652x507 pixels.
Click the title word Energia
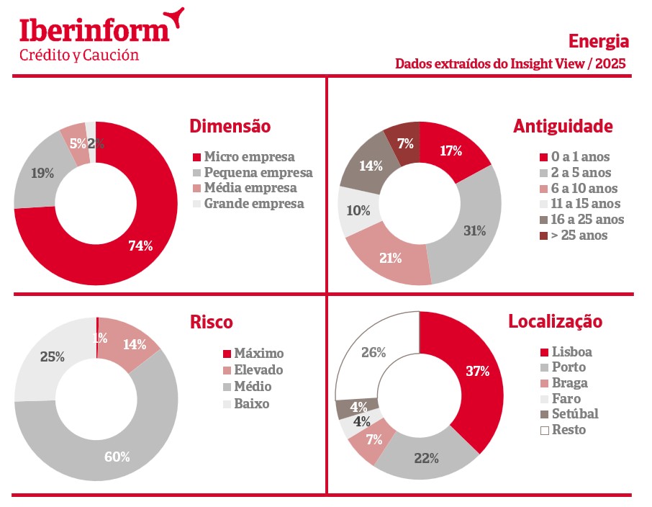(x=598, y=40)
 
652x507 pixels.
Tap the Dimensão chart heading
(x=230, y=126)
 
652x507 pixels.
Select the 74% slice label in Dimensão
(x=140, y=246)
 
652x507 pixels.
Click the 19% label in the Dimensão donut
(x=42, y=173)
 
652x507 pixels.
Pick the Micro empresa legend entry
(x=248, y=156)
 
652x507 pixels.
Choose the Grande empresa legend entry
(x=253, y=204)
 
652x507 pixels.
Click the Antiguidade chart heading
(x=563, y=126)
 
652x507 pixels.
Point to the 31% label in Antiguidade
(x=474, y=230)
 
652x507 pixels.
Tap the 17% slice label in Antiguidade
(x=450, y=151)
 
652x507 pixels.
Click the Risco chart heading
(x=212, y=322)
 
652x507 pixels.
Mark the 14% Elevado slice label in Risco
(x=134, y=344)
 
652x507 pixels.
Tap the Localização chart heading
(x=555, y=321)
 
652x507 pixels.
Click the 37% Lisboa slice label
(x=477, y=372)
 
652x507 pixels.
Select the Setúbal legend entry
(x=574, y=414)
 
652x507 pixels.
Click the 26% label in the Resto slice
(x=373, y=352)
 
